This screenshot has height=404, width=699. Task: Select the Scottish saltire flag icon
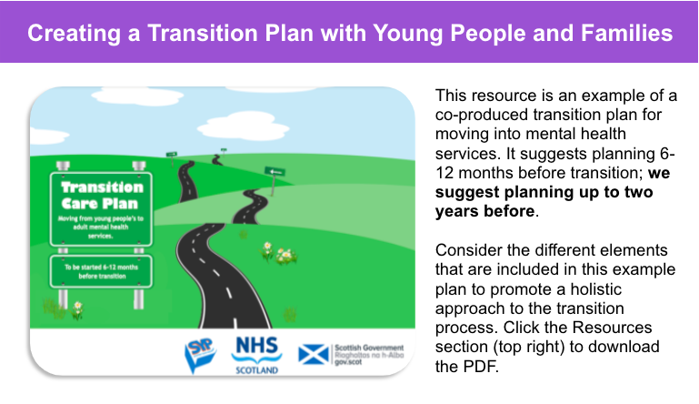click(x=314, y=352)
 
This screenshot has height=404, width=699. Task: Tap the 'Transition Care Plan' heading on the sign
click(x=102, y=195)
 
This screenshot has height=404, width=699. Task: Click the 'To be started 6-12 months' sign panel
click(x=102, y=269)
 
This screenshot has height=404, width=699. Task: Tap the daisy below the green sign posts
click(x=78, y=308)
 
